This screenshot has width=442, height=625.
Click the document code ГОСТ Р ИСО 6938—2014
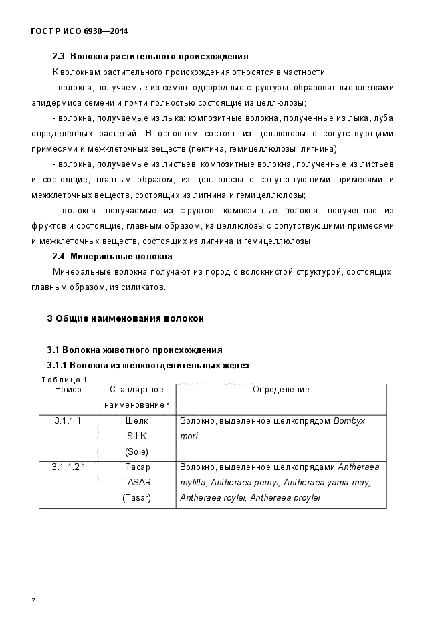pos(80,31)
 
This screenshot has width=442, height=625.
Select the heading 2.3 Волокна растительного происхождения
pos(150,56)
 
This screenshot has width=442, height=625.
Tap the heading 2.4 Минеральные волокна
pos(112,256)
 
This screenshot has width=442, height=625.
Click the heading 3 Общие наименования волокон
pos(125,318)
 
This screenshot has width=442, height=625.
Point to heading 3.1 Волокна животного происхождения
pos(134,350)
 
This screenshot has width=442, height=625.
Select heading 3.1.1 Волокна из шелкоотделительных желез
pos(148,365)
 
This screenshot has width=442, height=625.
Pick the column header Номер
pos(68,390)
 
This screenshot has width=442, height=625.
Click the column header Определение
pos(281,390)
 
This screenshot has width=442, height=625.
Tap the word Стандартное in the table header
pos(136,390)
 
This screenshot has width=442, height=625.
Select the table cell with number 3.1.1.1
pos(68,421)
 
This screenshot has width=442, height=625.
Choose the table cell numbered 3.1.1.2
pos(68,467)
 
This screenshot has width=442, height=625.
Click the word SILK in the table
pos(136,436)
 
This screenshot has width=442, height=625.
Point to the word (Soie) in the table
pos(136,451)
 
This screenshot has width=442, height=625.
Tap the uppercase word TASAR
pos(136,482)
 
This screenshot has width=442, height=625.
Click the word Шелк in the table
pos(136,421)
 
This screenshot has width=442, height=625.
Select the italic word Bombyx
pos(350,421)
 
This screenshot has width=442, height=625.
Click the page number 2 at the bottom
pos(33,600)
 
